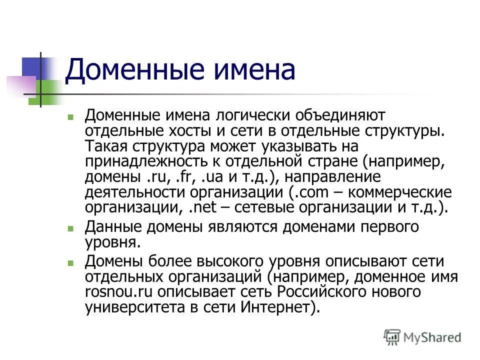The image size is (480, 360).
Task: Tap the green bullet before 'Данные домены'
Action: [70, 228]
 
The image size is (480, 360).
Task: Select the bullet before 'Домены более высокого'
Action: [70, 262]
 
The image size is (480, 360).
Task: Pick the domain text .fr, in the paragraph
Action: [181, 177]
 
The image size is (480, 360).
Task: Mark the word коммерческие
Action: [398, 192]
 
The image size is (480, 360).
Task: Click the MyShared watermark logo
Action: [422, 337]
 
